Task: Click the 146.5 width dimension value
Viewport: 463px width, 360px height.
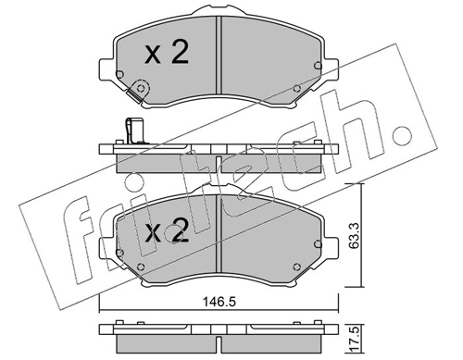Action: click(219, 302)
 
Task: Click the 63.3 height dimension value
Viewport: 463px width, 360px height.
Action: click(354, 235)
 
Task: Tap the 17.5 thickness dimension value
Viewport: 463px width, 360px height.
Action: click(355, 338)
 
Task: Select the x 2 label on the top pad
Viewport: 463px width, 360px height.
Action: click(167, 53)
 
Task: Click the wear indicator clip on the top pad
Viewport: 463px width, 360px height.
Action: click(139, 90)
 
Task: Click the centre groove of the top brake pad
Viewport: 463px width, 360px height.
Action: click(219, 55)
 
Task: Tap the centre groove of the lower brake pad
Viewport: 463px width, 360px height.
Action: click(219, 234)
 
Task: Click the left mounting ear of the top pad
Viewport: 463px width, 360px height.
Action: click(106, 69)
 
